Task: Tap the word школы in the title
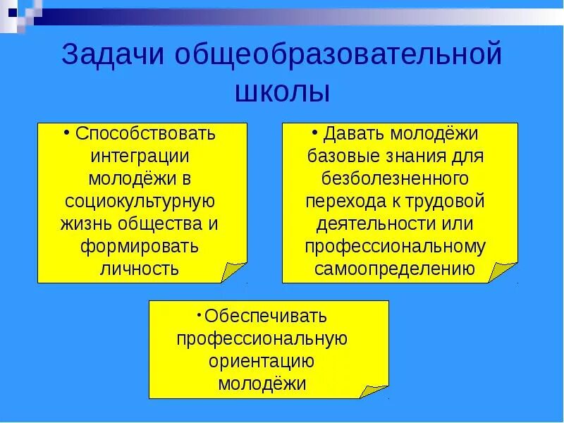pos(281,92)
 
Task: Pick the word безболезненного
pos(395,178)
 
